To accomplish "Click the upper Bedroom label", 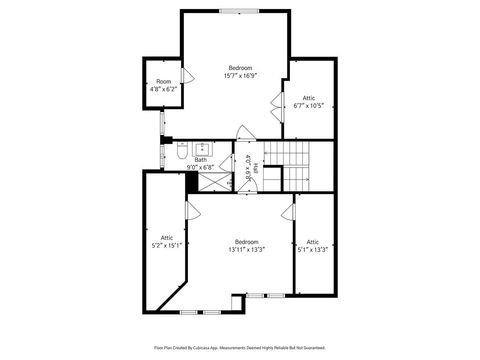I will pos(240,67).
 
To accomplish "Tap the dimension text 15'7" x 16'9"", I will pos(240,75).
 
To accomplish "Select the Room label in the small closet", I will pos(162,82).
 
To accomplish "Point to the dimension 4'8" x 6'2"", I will pos(162,89).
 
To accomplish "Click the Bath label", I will pos(200,160).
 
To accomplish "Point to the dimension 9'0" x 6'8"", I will pos(200,167).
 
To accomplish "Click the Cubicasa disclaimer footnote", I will pos(240,349).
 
